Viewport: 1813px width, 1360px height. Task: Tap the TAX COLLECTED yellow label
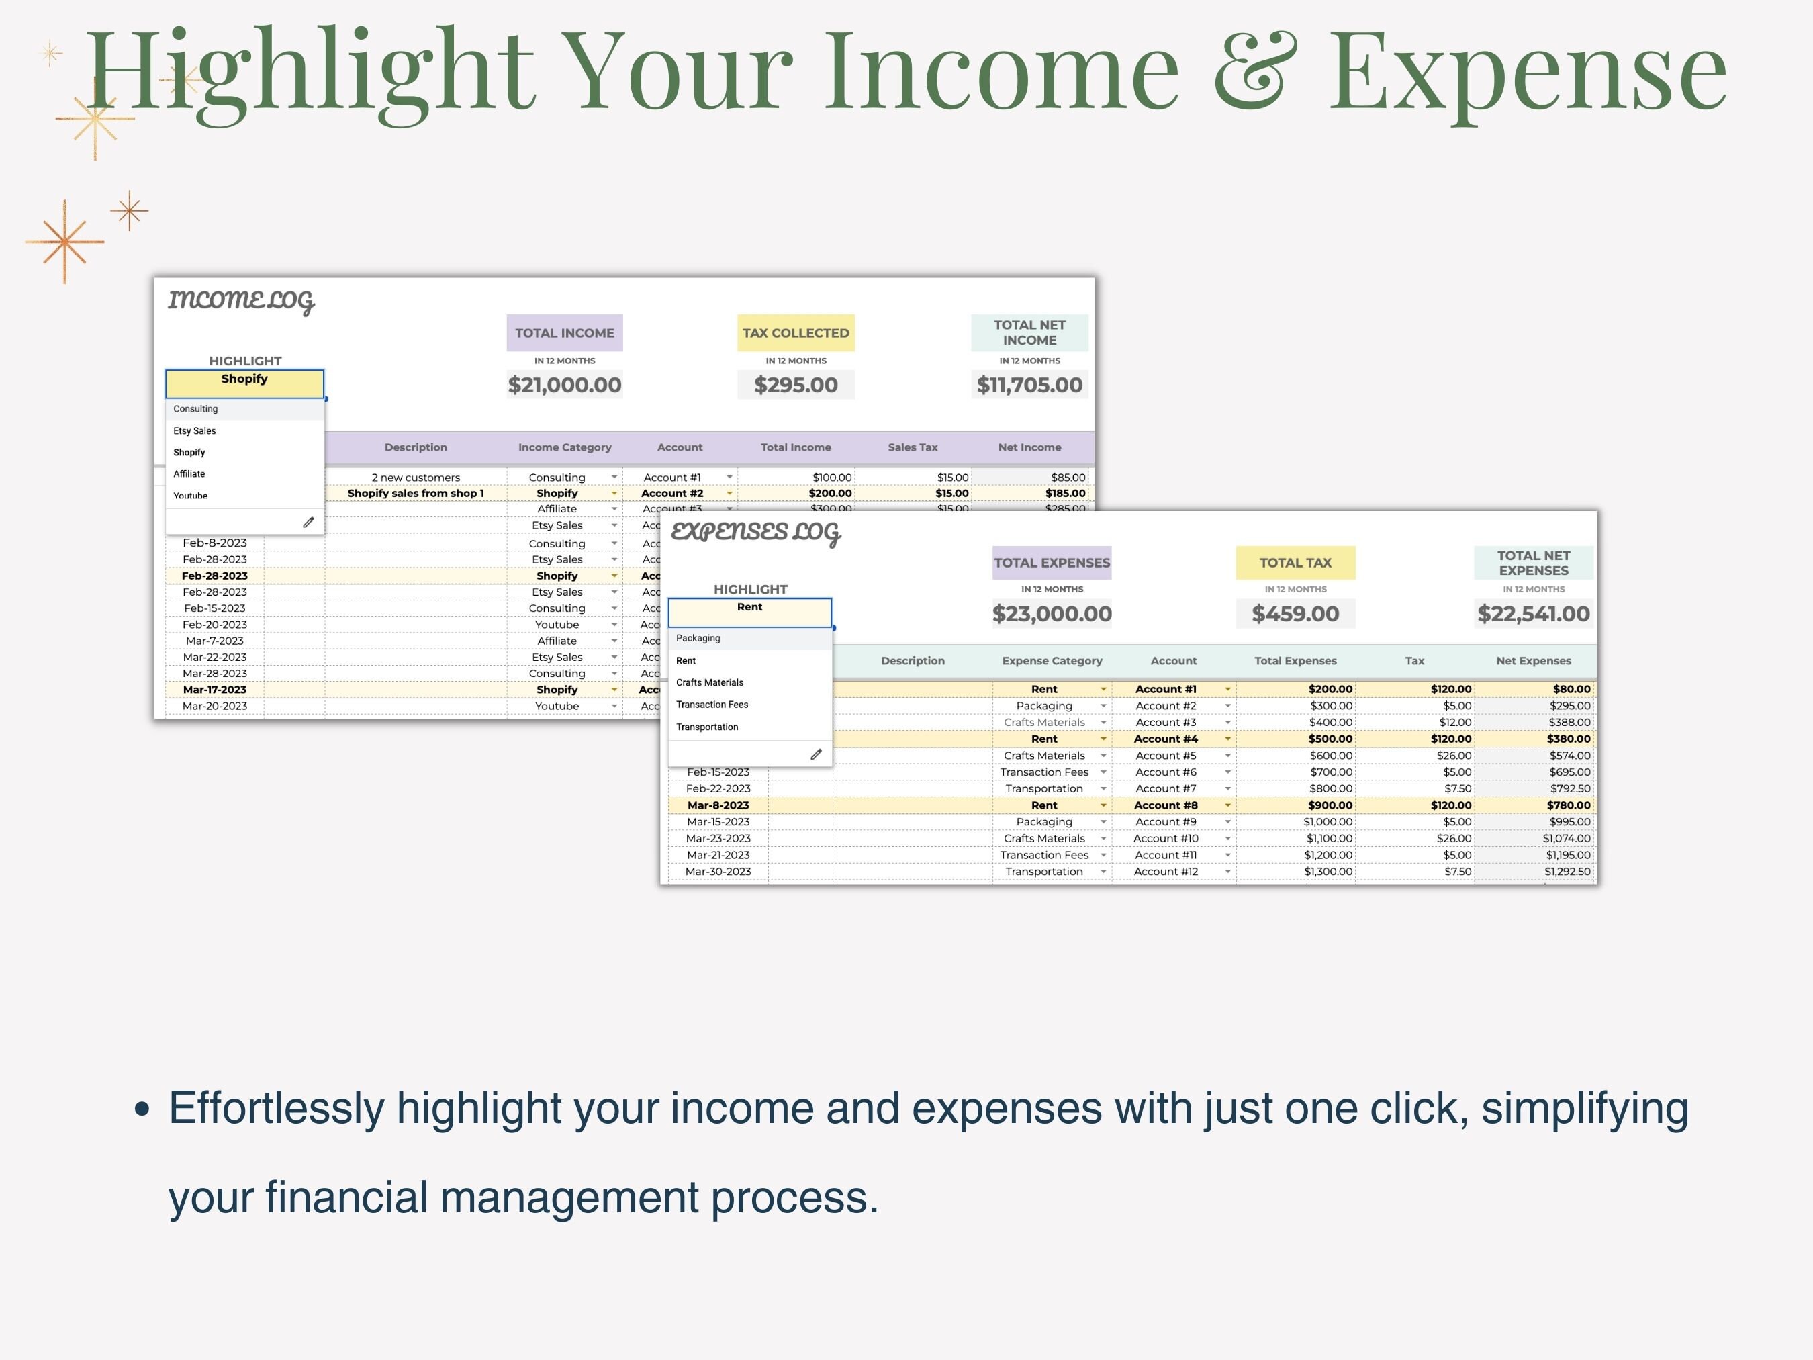795,333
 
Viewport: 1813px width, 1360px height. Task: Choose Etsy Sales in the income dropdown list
195,430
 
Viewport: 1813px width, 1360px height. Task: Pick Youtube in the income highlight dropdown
190,495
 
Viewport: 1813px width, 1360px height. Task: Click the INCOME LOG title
241,301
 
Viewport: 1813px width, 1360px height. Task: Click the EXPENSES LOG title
755,533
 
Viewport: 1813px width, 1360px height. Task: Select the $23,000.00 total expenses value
1052,613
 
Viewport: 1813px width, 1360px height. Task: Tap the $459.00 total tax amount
1295,613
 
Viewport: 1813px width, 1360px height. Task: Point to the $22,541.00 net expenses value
1533,613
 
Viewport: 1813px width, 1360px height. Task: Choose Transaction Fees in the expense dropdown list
712,705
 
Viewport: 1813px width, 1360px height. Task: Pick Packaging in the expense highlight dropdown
698,638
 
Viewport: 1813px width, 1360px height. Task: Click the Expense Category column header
1052,661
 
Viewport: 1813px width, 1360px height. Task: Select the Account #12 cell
1166,872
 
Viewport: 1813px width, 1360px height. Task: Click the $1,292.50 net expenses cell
1567,872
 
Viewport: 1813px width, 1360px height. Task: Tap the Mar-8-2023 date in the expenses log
718,805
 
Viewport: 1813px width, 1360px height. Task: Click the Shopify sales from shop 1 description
416,493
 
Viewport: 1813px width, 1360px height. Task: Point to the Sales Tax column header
913,447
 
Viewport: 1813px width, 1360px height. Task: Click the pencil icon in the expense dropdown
816,754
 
